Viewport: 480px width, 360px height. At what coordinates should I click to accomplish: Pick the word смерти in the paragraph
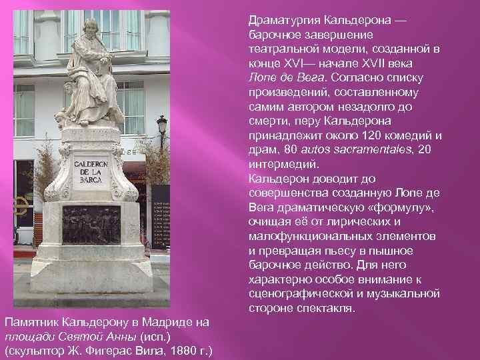pos(268,121)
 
